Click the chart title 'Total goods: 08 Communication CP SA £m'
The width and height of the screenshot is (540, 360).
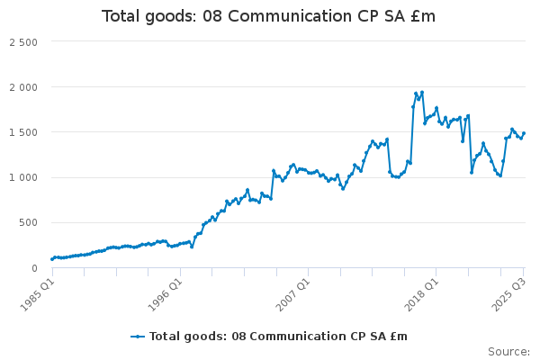coord(269,16)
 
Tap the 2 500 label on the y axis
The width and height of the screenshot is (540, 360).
coord(23,42)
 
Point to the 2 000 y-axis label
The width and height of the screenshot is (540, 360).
coord(23,87)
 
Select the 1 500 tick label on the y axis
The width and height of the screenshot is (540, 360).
coord(23,132)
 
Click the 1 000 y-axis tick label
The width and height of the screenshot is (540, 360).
coord(23,177)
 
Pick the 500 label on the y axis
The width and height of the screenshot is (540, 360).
coord(29,222)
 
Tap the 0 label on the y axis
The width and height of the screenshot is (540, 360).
coord(33,267)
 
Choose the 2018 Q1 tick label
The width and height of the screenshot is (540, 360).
coord(422,293)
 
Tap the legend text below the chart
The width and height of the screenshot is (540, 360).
coord(278,337)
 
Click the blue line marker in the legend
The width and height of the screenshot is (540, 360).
coord(138,337)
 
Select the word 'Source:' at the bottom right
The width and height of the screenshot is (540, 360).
coord(508,352)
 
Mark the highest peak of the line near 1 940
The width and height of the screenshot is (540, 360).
coord(421,92)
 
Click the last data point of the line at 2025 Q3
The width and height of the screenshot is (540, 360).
coord(524,133)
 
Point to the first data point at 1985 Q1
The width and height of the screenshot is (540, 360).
coord(51,259)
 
